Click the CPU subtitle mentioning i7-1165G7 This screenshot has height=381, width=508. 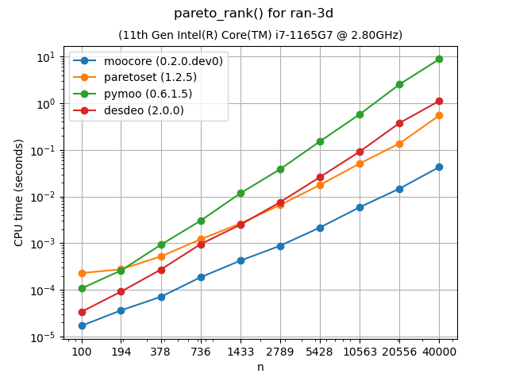point(260,35)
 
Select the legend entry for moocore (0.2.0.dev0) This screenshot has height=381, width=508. point(164,60)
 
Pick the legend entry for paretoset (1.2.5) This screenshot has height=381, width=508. point(150,77)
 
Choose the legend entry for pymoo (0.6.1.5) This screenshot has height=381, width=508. point(148,94)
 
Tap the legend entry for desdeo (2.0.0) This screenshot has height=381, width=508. point(144,110)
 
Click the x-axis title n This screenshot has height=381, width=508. point(260,367)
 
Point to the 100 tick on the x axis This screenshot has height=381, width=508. point(82,351)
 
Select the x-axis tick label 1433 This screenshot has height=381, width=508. point(241,351)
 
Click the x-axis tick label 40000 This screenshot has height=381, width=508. point(439,351)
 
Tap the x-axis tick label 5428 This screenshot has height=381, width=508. point(320,351)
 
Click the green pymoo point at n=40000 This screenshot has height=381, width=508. point(439,59)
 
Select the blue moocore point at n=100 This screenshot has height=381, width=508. point(82,325)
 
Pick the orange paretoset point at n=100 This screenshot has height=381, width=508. point(82,273)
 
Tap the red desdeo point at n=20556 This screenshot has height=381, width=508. point(399,123)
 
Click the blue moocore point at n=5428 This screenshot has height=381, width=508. point(320,228)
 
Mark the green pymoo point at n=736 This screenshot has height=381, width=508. point(201,221)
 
